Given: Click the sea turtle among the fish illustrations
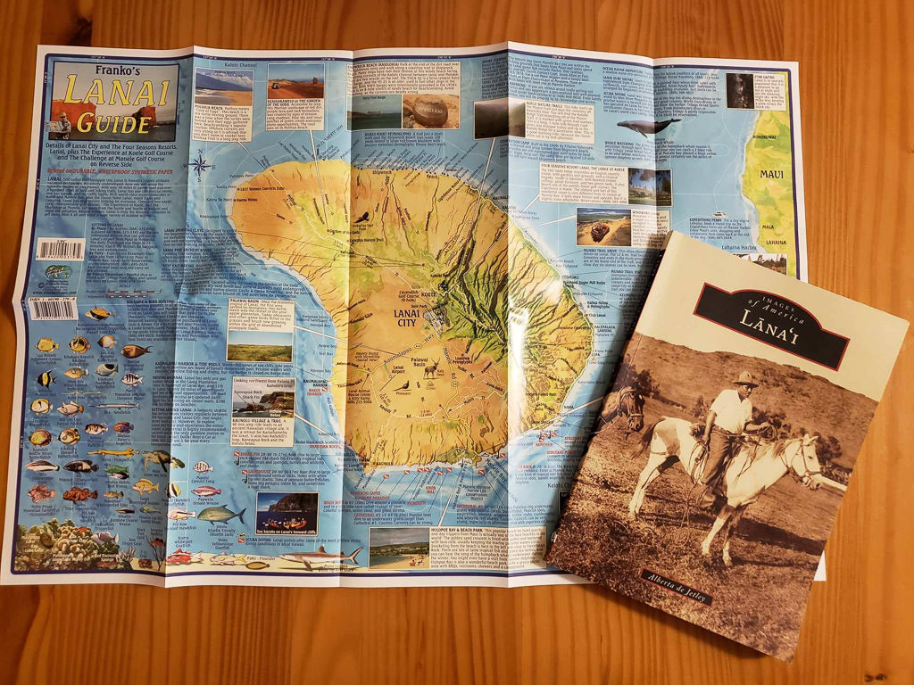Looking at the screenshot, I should [x=159, y=460].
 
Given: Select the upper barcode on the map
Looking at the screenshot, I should [x=61, y=249].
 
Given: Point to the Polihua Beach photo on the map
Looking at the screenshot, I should [x=221, y=87].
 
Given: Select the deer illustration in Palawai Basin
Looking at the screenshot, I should [x=430, y=368].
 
